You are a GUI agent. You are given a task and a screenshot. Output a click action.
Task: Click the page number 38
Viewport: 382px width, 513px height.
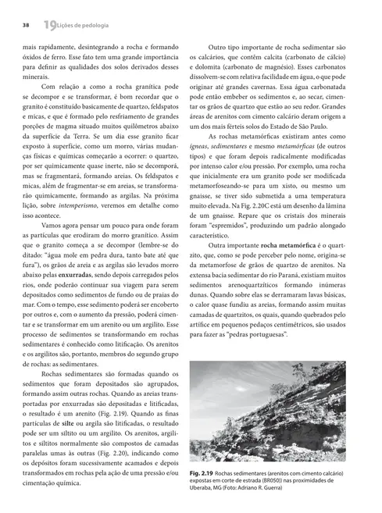[26, 25]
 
